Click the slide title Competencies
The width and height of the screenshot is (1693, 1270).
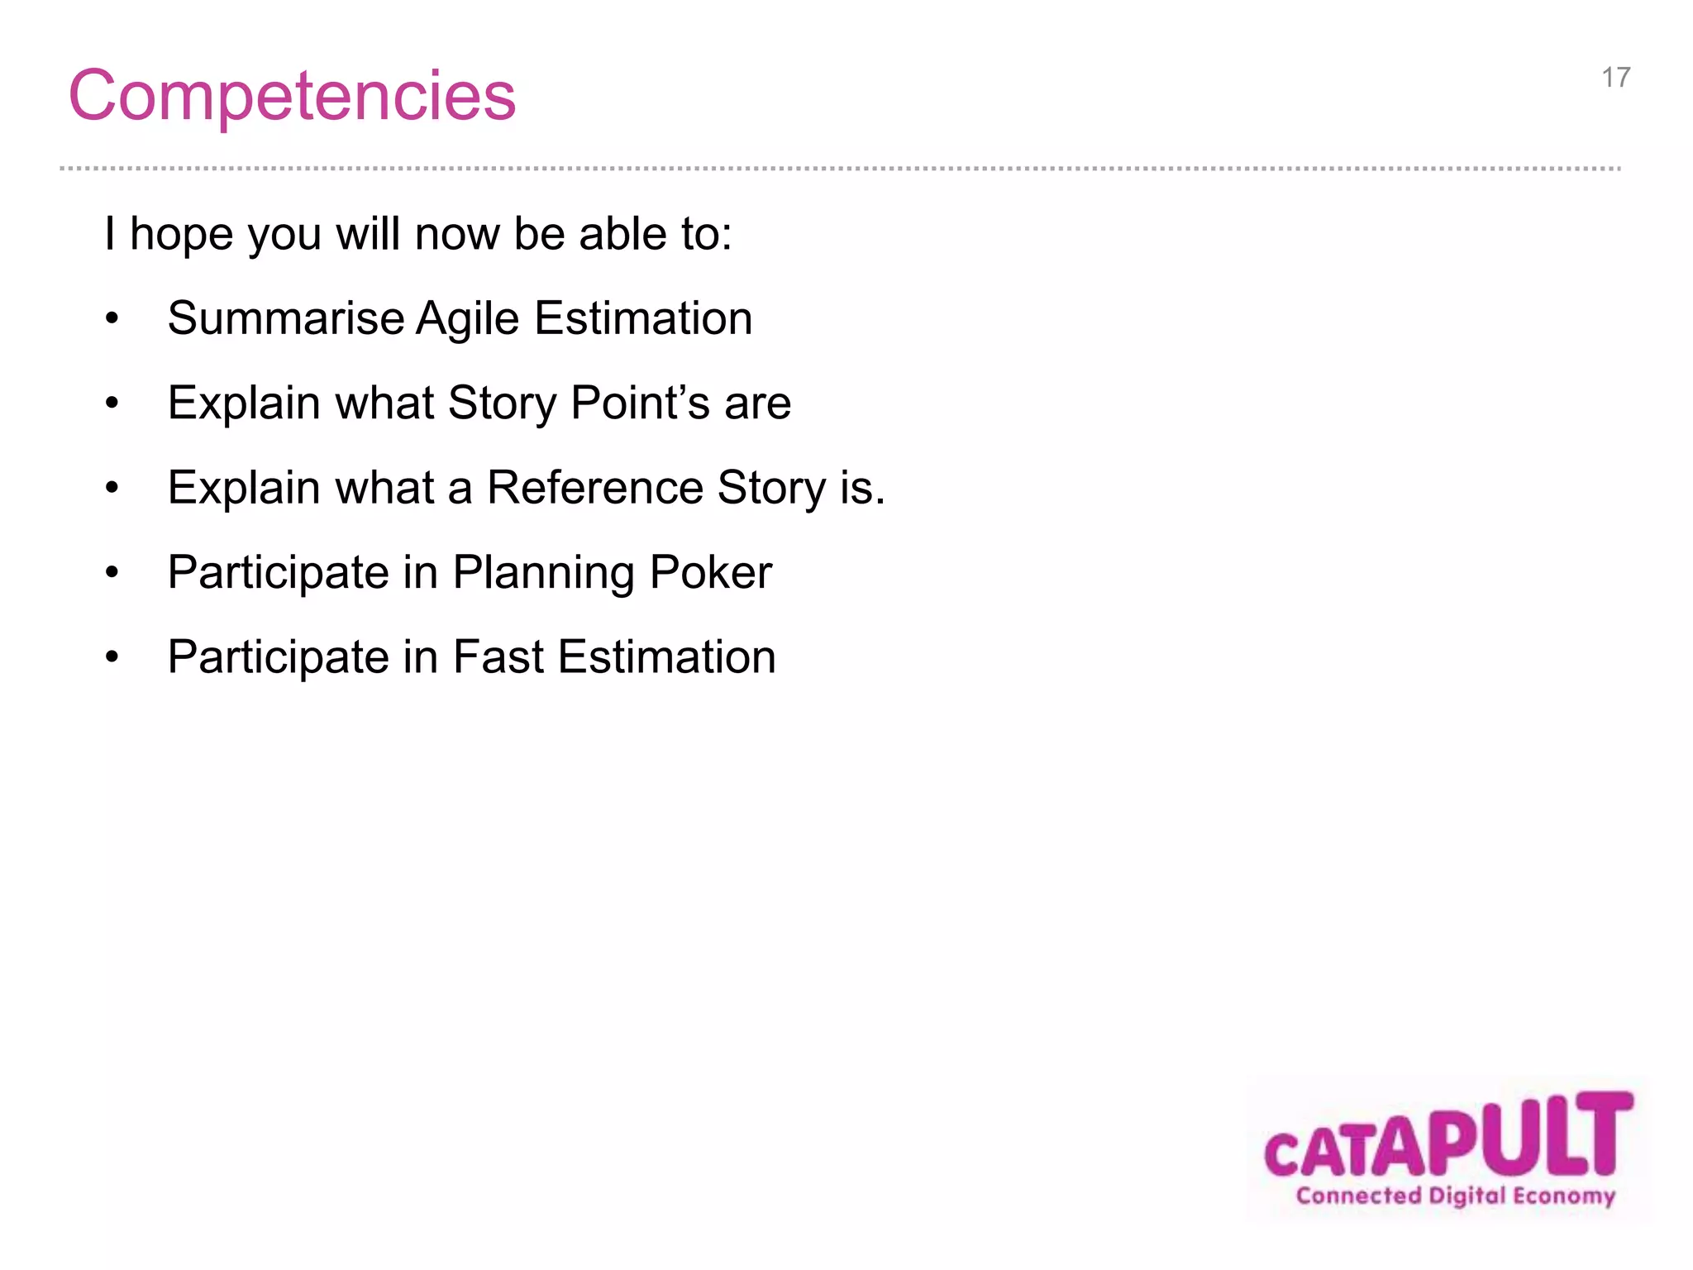[x=292, y=96]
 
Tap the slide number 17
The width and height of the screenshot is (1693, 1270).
[x=1615, y=78]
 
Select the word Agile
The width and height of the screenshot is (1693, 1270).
[x=467, y=320]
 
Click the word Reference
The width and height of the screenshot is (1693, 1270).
[x=594, y=488]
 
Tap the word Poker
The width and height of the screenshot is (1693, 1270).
[x=710, y=572]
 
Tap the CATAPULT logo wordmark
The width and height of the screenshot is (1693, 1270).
[x=1448, y=1136]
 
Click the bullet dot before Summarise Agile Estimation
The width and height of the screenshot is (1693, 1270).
[x=112, y=319]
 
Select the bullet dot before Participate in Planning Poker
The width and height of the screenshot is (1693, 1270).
[x=112, y=573]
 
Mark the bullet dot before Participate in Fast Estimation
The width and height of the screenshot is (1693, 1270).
[x=112, y=657]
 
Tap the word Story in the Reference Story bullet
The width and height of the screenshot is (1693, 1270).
[x=771, y=489]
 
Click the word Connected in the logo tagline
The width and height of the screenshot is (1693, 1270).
[x=1357, y=1196]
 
